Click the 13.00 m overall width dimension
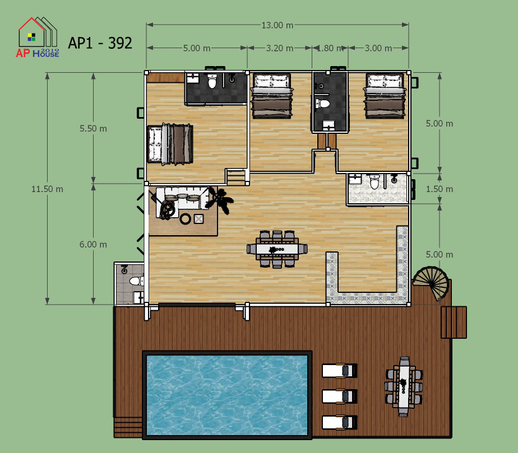coord(277,25)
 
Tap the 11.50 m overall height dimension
coord(47,189)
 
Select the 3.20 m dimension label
coord(280,48)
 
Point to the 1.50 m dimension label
coord(440,189)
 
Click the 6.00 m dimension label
coord(93,245)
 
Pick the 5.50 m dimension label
coord(93,128)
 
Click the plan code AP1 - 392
coord(100,43)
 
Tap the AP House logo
coord(38,38)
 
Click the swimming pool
coord(227,395)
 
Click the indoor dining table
coord(277,249)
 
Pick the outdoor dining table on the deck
coord(404,386)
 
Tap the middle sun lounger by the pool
coord(340,396)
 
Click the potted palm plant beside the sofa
coord(219,200)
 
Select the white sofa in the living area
coord(182,198)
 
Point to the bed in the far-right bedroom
coord(385,96)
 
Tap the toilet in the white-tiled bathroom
coord(374,182)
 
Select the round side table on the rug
coord(186,218)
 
